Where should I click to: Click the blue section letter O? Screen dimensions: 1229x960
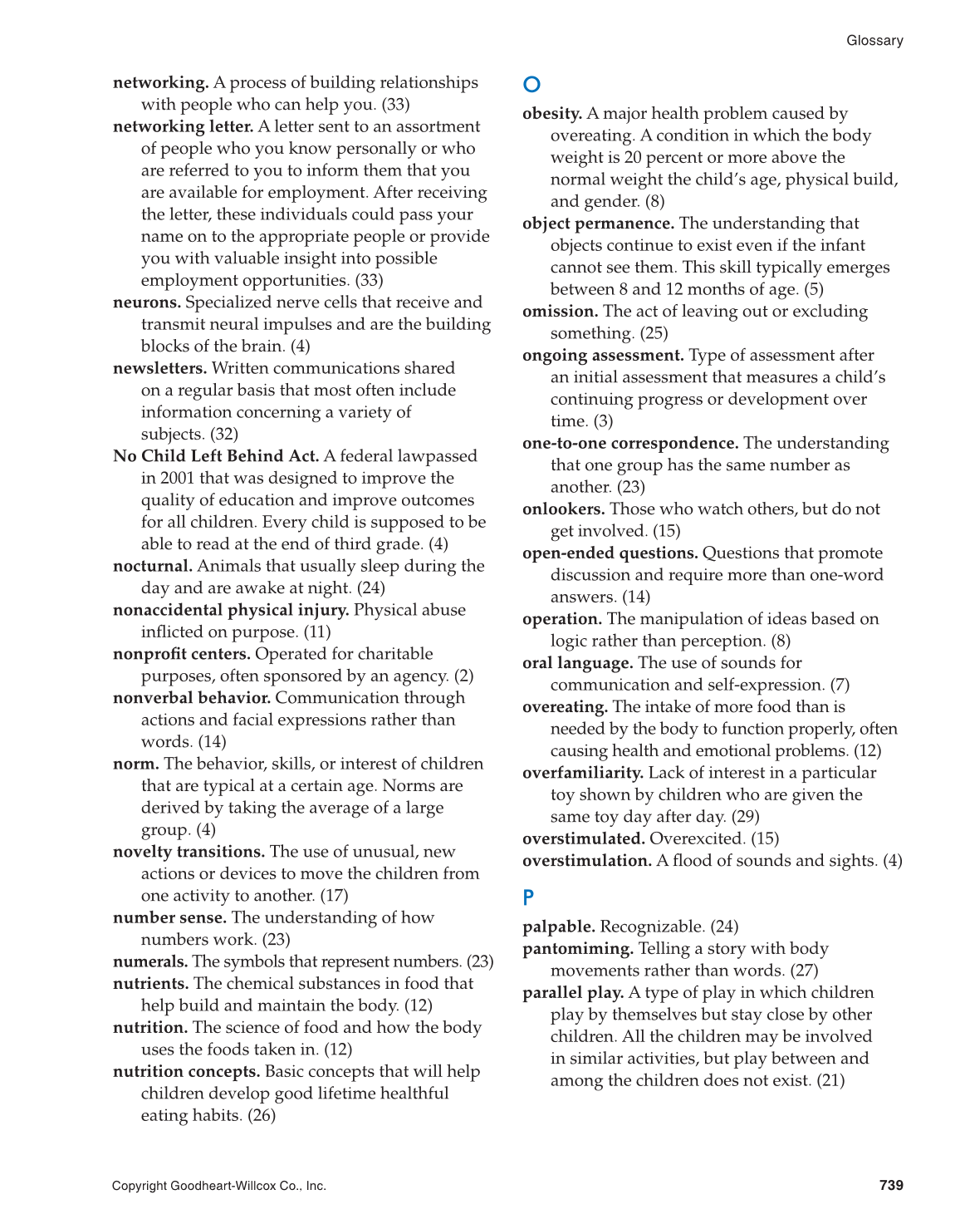click(x=532, y=85)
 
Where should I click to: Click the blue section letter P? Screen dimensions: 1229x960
click(x=528, y=897)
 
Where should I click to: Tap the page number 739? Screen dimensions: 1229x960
click(x=891, y=1185)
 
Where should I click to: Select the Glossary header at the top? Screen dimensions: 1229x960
click(x=874, y=41)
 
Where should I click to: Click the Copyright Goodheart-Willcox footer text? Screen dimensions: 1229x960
click(x=219, y=1186)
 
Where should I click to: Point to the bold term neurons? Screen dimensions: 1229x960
click(x=147, y=302)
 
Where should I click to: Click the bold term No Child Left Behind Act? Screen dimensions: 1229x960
click(x=216, y=456)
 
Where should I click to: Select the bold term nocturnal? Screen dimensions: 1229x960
click(x=153, y=566)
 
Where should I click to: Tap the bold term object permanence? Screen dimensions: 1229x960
click(x=598, y=224)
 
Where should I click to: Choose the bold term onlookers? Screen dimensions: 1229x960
click(x=563, y=509)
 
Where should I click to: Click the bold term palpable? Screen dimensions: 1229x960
click(x=558, y=927)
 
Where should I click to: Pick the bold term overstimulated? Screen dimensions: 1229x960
click(x=583, y=838)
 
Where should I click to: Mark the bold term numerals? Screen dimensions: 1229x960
click(x=150, y=961)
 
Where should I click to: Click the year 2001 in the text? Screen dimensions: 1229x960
click(x=177, y=478)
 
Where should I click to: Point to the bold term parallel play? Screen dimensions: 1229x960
click(x=573, y=993)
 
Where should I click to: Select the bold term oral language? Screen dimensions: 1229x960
click(x=577, y=663)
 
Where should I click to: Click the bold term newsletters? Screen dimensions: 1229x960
click(x=159, y=368)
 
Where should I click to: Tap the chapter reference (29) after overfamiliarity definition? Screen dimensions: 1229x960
click(x=745, y=817)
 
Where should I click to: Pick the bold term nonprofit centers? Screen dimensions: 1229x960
click(x=181, y=654)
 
